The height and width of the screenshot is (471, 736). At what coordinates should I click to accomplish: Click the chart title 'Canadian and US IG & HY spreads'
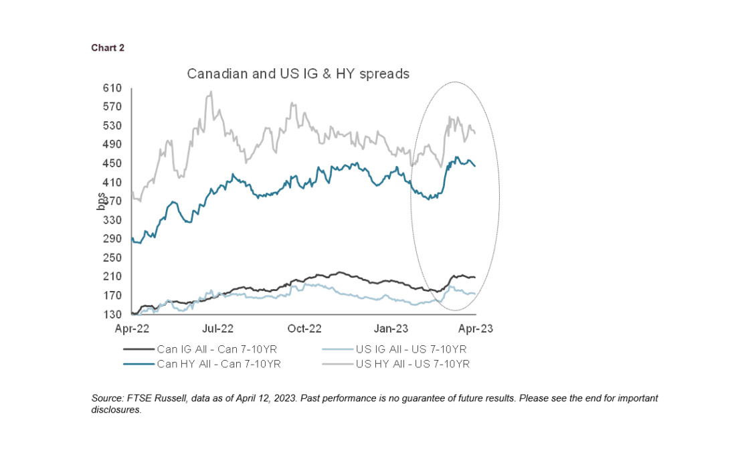[x=298, y=74]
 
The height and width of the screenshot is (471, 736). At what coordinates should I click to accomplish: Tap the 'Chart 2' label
[x=108, y=48]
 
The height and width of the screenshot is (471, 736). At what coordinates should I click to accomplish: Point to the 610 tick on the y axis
[x=112, y=88]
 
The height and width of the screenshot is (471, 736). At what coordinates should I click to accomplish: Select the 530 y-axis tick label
[x=112, y=126]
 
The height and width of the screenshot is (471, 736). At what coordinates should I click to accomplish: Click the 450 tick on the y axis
[x=112, y=163]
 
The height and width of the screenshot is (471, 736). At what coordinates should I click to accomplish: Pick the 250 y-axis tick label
[x=112, y=258]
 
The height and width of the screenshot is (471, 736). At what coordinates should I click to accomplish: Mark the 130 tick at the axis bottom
[x=112, y=314]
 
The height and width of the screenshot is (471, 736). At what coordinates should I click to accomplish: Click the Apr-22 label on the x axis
[x=132, y=328]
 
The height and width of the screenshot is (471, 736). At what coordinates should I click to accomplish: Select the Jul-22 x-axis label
[x=218, y=328]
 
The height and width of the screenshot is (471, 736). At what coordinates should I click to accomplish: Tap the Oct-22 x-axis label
[x=304, y=328]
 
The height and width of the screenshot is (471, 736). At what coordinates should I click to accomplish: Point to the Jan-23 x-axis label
[x=390, y=328]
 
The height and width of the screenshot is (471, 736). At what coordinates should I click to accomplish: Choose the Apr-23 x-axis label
[x=476, y=328]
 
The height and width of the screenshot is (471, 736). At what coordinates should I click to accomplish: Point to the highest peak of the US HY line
[x=211, y=92]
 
